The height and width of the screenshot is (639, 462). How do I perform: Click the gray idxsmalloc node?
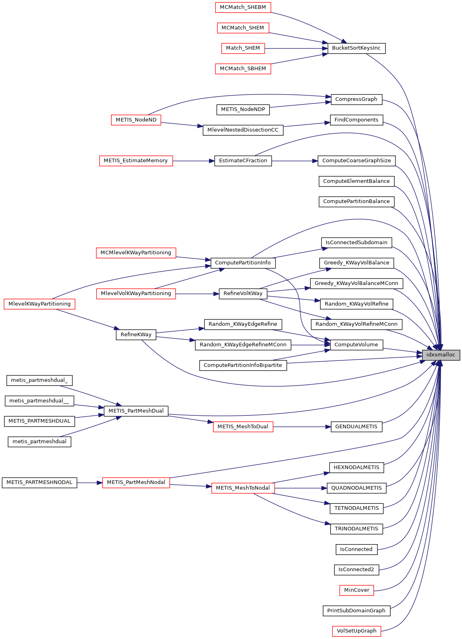(x=441, y=355)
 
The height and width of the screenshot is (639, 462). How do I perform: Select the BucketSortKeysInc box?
(x=356, y=48)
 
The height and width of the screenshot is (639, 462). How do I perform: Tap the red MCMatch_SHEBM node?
(x=242, y=7)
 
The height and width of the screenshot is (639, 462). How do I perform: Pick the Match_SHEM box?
(x=242, y=48)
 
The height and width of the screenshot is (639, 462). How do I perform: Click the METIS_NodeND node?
(x=136, y=120)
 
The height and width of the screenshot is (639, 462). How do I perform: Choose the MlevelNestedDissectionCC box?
(x=242, y=130)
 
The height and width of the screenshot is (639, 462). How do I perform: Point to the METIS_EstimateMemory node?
(x=136, y=161)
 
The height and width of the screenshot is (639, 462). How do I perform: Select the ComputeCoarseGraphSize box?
(x=356, y=161)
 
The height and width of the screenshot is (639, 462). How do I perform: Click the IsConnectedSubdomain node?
(x=356, y=243)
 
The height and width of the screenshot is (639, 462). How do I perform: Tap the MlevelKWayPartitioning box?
(x=40, y=304)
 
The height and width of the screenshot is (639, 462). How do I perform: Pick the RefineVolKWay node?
(x=242, y=293)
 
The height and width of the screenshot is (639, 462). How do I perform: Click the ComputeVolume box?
(x=356, y=345)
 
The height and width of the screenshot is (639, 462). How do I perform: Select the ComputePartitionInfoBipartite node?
(x=242, y=365)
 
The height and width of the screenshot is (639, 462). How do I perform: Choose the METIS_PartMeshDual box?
(x=136, y=411)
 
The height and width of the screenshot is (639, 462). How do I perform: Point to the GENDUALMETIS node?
(x=356, y=427)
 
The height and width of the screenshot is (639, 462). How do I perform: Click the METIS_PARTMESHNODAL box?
(x=39, y=482)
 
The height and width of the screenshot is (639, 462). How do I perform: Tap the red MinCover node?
(x=356, y=590)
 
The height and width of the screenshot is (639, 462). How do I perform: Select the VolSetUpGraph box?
(x=356, y=631)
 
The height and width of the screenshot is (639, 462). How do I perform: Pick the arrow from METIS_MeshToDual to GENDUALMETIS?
(x=302, y=427)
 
